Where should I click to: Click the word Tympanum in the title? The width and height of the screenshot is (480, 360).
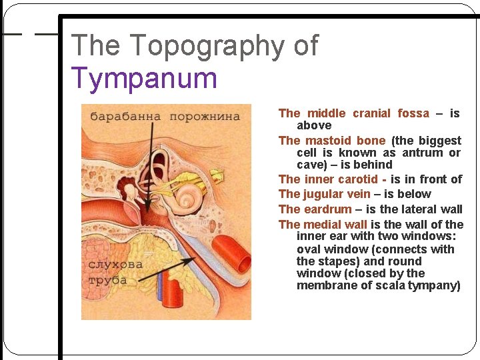(144, 78)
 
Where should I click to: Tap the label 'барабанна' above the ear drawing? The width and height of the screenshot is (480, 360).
(125, 117)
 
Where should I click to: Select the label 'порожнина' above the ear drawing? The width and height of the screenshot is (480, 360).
(204, 117)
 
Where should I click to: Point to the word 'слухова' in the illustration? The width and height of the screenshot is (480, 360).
(115, 264)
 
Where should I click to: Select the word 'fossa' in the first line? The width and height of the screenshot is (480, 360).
(413, 113)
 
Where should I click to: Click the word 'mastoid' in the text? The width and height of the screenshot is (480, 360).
(331, 141)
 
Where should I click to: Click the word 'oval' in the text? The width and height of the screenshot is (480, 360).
(309, 249)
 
